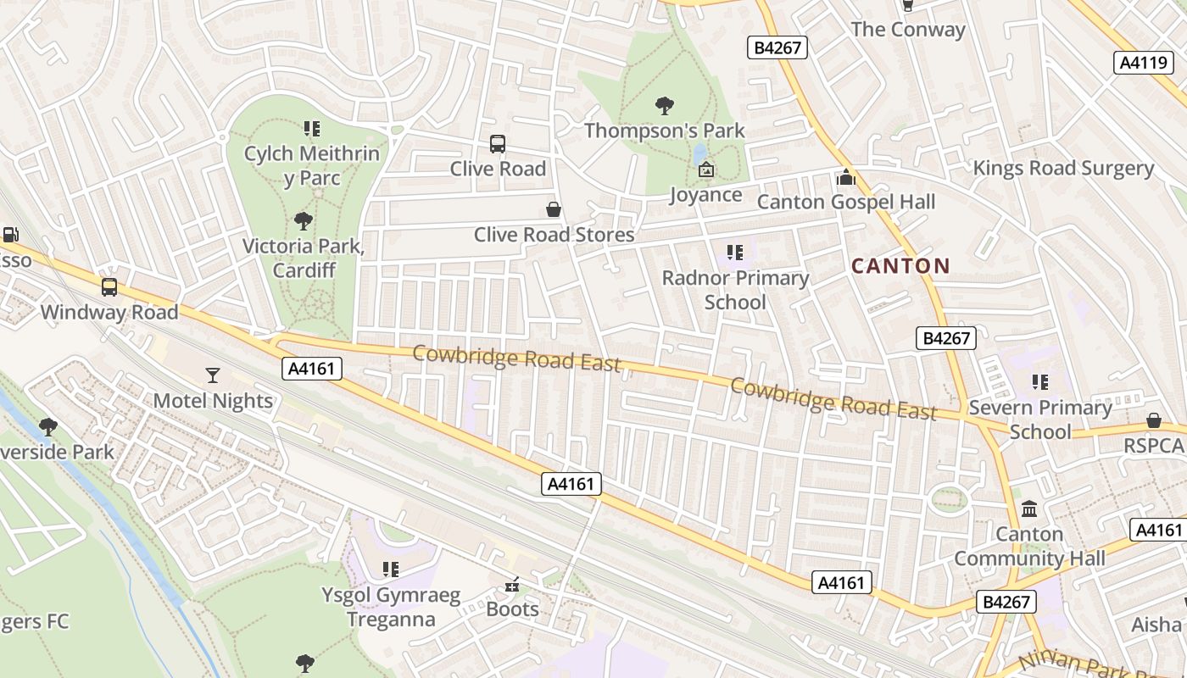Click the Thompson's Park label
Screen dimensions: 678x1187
(665, 131)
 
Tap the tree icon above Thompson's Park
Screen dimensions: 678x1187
(665, 106)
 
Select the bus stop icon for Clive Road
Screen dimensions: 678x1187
(498, 144)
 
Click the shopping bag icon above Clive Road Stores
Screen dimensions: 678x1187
(554, 208)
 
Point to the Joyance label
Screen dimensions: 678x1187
(705, 195)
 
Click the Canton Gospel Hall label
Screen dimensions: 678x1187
(845, 202)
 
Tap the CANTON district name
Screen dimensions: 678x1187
(900, 266)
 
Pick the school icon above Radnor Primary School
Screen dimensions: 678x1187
(735, 253)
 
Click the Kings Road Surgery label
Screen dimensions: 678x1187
(1063, 168)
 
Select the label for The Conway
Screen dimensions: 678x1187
(907, 30)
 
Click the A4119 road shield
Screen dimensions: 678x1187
(1143, 62)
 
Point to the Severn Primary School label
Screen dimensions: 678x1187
(1040, 420)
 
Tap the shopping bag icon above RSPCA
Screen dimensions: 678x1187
(1154, 420)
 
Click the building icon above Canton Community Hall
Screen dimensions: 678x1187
(1029, 508)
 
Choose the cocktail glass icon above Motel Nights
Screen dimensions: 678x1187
(213, 375)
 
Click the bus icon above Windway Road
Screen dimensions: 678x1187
(109, 287)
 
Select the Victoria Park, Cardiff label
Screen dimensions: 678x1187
(303, 258)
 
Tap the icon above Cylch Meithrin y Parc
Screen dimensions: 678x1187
(312, 129)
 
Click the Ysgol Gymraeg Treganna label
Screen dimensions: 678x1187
(391, 607)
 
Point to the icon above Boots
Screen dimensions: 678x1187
(512, 585)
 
